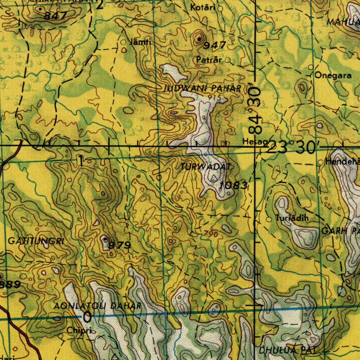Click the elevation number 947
click(214, 45)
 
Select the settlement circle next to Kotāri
click(220, 8)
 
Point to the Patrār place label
click(209, 60)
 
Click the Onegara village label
click(333, 75)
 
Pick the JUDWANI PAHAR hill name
click(202, 89)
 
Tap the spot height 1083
click(234, 185)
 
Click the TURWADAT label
click(205, 167)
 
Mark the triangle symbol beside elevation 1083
click(214, 179)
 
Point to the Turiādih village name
click(292, 218)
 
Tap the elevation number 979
click(120, 245)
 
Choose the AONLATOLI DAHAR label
click(98, 306)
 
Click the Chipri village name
click(79, 330)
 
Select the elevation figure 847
click(56, 16)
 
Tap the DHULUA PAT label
click(288, 350)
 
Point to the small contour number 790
click(211, 234)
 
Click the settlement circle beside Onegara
click(311, 67)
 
